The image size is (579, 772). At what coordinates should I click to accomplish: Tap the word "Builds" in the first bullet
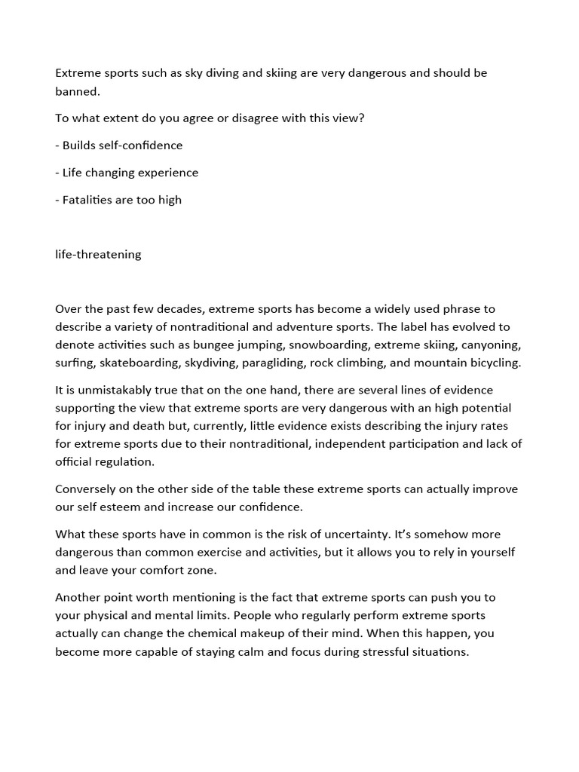point(80,146)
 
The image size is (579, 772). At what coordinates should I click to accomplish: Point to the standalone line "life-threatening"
point(98,254)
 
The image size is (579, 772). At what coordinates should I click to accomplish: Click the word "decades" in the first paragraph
point(177,308)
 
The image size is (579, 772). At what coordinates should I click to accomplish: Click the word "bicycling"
point(495,363)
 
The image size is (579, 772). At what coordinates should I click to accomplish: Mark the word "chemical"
point(246,634)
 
